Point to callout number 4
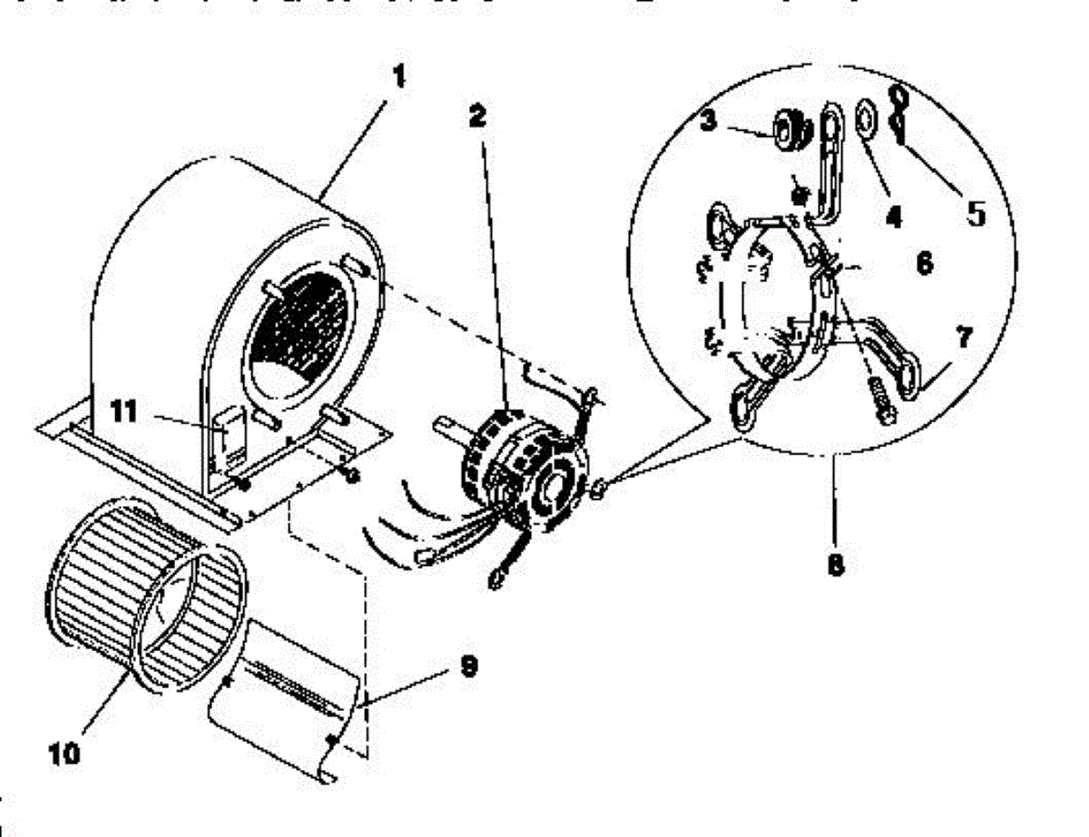point(894,219)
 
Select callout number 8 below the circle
point(836,563)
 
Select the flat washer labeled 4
point(865,119)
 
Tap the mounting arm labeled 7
point(894,360)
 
